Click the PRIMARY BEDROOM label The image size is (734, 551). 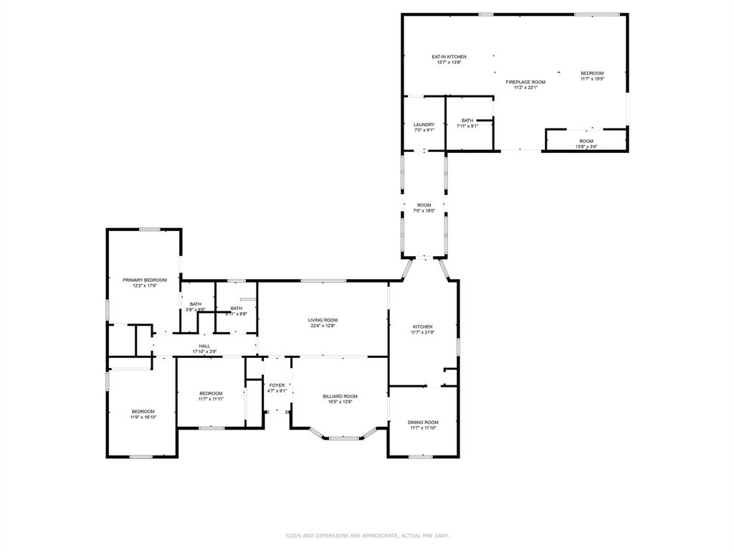coord(145,280)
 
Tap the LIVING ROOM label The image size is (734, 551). coord(323,320)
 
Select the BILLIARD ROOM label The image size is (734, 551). coord(340,396)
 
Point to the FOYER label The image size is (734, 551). coord(277,385)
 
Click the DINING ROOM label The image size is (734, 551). coord(423,422)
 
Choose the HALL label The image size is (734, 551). coord(204,346)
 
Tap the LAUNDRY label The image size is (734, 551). coord(424,125)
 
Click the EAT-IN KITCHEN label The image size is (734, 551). coord(449,57)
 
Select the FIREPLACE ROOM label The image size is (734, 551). coord(525,83)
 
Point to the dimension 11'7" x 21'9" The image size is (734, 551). coord(421,332)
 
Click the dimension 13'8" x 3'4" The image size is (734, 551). coord(586,147)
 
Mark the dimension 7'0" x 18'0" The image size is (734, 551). coord(424,211)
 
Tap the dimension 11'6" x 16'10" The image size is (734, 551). coord(143,417)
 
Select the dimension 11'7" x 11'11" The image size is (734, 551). coord(211,399)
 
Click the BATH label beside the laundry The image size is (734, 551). coord(467,121)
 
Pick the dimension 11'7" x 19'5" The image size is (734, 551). coord(592,79)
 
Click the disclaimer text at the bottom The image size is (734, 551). coord(367,535)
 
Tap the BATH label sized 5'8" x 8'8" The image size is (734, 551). coord(196,304)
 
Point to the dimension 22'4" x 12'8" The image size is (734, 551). coord(323,326)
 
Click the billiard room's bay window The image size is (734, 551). coord(343,437)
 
